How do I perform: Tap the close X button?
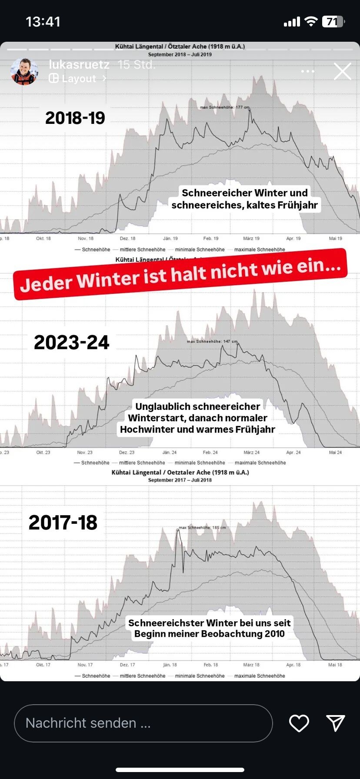(x=342, y=71)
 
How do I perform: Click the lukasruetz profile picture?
(x=24, y=71)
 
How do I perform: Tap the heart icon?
(x=299, y=723)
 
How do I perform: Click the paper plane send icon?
(x=336, y=722)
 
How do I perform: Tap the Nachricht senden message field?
(x=143, y=723)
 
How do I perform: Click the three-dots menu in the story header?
(x=307, y=71)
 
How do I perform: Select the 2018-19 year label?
(x=75, y=118)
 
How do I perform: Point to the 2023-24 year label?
(x=72, y=342)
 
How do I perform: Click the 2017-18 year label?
(x=63, y=523)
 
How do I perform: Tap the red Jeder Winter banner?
(x=180, y=274)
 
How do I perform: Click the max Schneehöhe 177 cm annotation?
(x=225, y=107)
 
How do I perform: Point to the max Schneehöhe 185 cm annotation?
(x=202, y=527)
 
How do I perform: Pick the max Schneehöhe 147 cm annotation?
(x=212, y=341)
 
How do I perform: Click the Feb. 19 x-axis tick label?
(x=211, y=238)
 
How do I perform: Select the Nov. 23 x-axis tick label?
(x=85, y=452)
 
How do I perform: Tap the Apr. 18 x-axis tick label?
(x=293, y=665)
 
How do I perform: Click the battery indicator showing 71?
(x=333, y=21)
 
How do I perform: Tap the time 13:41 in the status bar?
(x=43, y=22)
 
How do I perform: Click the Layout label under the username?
(x=78, y=79)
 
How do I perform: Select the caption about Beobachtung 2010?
(x=209, y=628)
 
